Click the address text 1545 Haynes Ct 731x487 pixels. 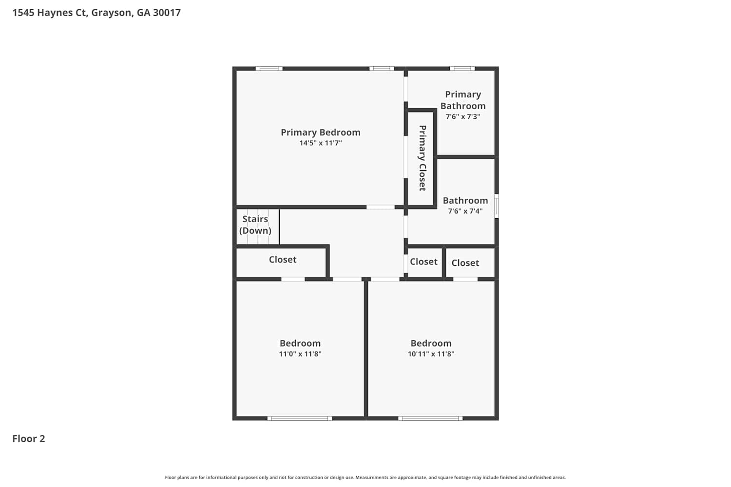(50, 13)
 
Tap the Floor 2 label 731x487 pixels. (29, 439)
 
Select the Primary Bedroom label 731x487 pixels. (321, 132)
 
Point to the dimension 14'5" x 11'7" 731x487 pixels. (321, 143)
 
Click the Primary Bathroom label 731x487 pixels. (463, 100)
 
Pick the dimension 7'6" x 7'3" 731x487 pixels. (463, 116)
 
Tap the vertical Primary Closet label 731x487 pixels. (423, 158)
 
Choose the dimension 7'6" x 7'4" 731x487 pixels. (465, 211)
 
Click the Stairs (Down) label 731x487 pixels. (255, 225)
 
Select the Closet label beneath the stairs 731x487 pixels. (283, 260)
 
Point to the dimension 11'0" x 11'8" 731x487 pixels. (300, 354)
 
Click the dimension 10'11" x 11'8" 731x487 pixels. (431, 354)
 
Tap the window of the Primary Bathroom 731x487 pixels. (462, 69)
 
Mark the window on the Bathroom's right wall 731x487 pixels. (497, 206)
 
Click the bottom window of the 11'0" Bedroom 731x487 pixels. (300, 418)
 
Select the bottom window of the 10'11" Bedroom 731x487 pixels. (430, 418)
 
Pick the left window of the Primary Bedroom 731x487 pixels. (269, 69)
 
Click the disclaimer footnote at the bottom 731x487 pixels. (365, 477)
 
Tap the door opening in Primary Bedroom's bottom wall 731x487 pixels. (381, 207)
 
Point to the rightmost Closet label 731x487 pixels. (465, 263)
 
